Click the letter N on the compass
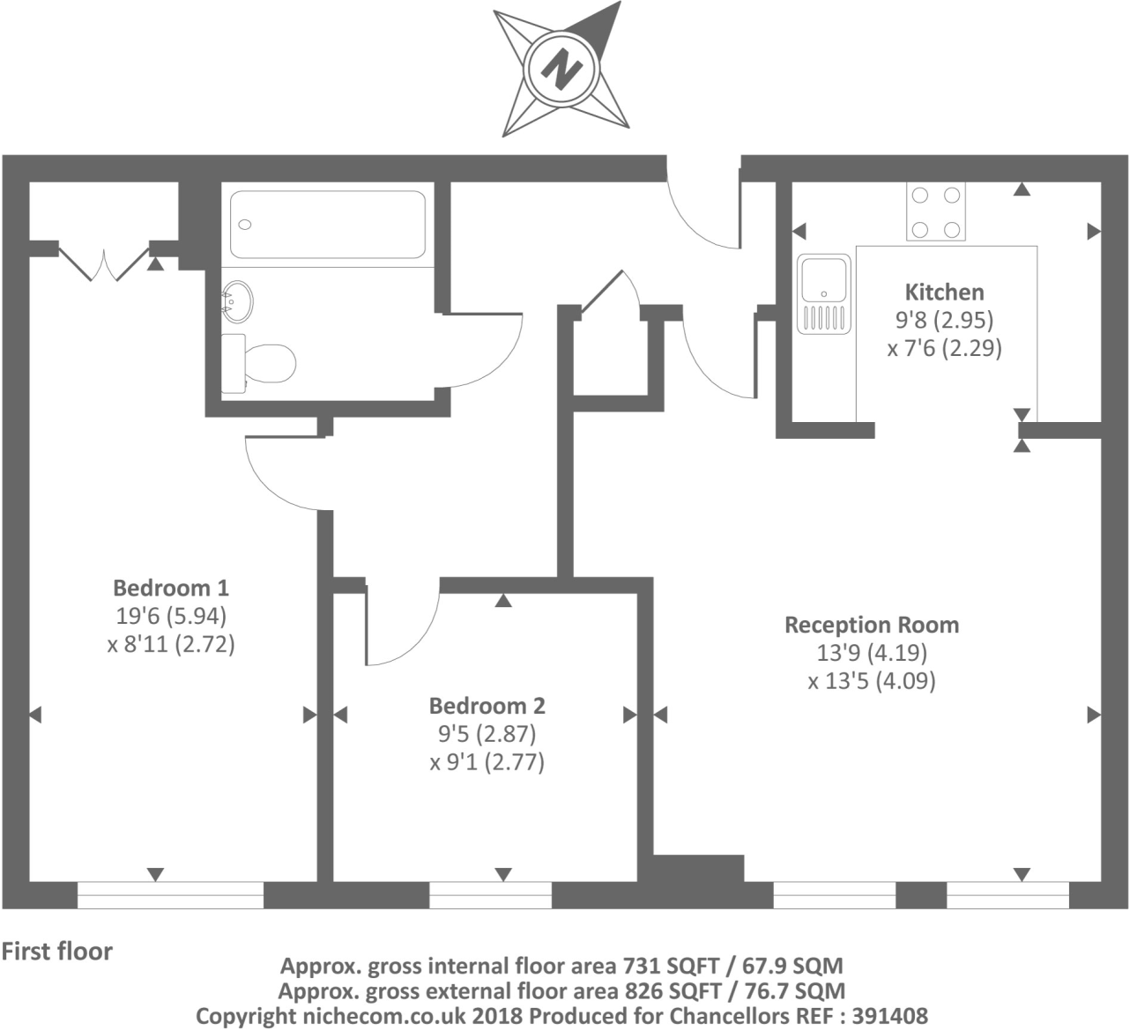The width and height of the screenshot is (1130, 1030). click(561, 68)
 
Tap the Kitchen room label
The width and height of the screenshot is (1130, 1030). click(944, 292)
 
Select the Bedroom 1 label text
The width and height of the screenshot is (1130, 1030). click(171, 587)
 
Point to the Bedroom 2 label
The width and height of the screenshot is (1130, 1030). click(487, 705)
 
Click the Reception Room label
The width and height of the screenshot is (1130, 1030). click(871, 625)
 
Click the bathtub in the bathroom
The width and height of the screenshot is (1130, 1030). click(328, 224)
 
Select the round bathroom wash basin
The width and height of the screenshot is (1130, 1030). click(236, 300)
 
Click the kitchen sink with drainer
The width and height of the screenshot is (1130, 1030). click(823, 294)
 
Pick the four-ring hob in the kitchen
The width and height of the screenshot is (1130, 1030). click(935, 211)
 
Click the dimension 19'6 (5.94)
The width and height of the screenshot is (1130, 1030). click(171, 615)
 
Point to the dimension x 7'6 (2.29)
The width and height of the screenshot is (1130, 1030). click(944, 348)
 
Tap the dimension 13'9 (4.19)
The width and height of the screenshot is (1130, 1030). click(871, 653)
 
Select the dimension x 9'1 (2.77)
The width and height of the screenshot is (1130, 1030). click(487, 761)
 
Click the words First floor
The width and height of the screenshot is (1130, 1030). click(57, 952)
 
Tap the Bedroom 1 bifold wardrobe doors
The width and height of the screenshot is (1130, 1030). click(104, 263)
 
